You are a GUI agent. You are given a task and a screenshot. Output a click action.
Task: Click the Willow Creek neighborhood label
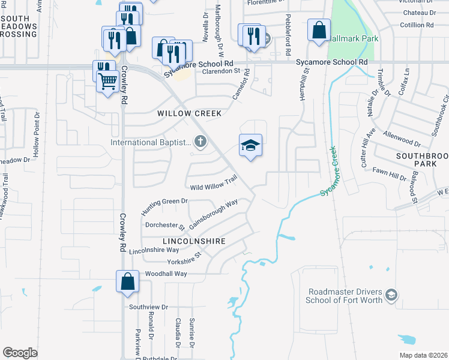[x=190, y=113]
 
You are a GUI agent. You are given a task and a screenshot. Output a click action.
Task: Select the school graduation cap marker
[x=251, y=146]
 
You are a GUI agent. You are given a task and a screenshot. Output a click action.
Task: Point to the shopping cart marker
[x=107, y=80]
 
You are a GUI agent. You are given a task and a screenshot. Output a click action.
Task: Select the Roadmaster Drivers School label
[x=345, y=296]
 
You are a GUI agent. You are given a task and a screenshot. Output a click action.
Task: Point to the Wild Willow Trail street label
[x=214, y=184]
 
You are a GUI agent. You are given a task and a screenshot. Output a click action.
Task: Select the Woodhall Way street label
[x=166, y=274]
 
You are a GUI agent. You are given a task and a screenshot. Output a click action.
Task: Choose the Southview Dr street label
[x=147, y=306]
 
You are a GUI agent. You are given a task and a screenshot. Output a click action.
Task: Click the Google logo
[x=20, y=353]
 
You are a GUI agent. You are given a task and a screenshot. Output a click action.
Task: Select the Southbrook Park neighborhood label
[x=421, y=160]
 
